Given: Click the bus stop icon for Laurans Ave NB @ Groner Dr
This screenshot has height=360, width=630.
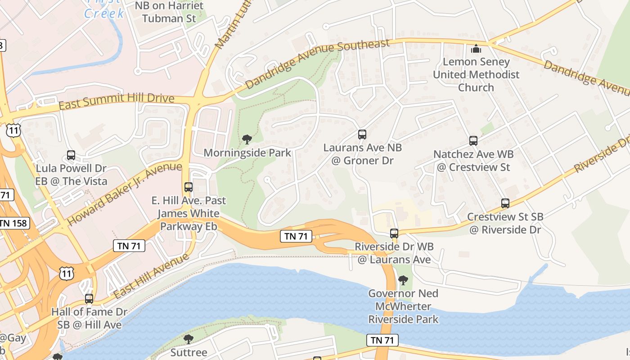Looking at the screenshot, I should (x=362, y=134).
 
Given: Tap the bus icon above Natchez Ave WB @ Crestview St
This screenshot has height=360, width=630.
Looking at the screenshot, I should (x=473, y=141).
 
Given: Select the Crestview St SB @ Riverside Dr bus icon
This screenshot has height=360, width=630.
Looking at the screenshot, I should (x=505, y=203).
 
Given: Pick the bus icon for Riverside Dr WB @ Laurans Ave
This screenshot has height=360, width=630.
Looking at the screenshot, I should (x=394, y=233).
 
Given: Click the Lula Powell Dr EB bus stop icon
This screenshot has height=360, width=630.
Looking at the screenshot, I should (x=71, y=155).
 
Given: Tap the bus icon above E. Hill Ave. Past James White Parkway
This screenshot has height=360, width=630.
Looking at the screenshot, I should (x=189, y=187).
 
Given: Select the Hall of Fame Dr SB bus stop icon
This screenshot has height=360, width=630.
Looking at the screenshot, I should (x=89, y=298).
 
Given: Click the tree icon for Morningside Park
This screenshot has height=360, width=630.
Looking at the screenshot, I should (x=247, y=139).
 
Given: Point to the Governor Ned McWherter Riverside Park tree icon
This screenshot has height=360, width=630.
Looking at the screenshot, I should (x=403, y=280).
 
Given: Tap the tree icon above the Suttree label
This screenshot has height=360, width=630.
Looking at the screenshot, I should (x=189, y=339).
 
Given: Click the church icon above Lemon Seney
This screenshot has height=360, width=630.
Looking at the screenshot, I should (x=476, y=49).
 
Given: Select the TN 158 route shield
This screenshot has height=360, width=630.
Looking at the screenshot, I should (x=13, y=223).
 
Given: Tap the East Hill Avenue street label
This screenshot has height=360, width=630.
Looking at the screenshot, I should (x=151, y=276).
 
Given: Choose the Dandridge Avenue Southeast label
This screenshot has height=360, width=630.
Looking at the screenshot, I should (x=317, y=64).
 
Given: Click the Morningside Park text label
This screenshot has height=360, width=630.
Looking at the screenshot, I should (x=247, y=153).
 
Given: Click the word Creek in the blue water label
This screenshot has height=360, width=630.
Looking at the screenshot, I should (x=104, y=13).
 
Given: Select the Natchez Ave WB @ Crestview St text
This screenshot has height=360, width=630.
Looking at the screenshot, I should (x=473, y=161).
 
